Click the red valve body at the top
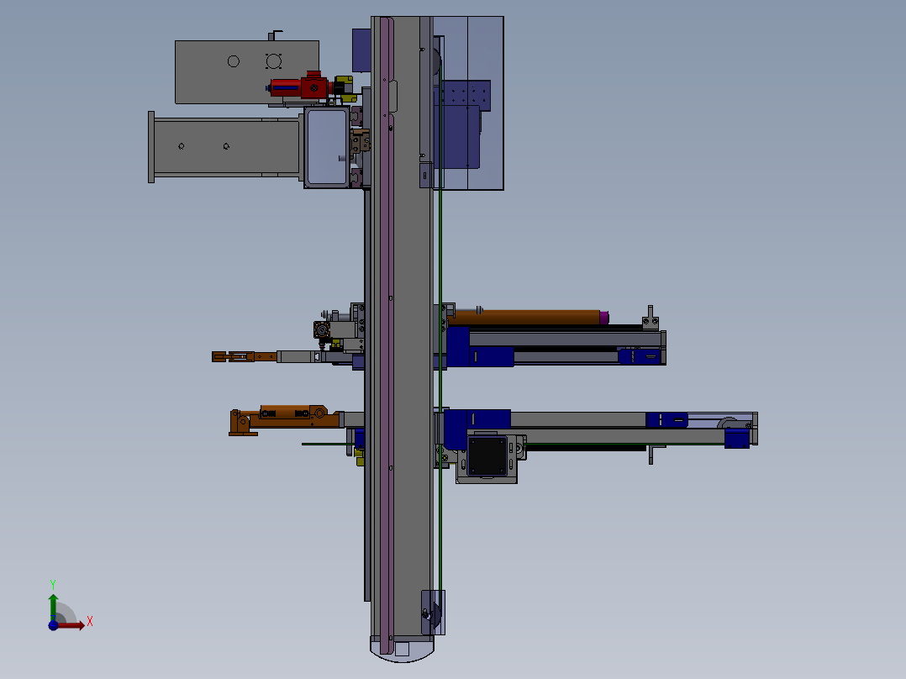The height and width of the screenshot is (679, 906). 301,87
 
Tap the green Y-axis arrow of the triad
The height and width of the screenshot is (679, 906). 53,606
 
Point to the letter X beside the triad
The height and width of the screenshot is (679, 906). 90,622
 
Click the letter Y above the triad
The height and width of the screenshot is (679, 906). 53,584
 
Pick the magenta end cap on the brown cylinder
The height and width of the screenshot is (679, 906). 603,318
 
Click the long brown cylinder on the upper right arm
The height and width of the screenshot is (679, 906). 526,318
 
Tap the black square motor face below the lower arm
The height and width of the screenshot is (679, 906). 487,455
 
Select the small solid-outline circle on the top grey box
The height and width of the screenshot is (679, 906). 234,61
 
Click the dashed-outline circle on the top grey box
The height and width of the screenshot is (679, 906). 273,61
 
